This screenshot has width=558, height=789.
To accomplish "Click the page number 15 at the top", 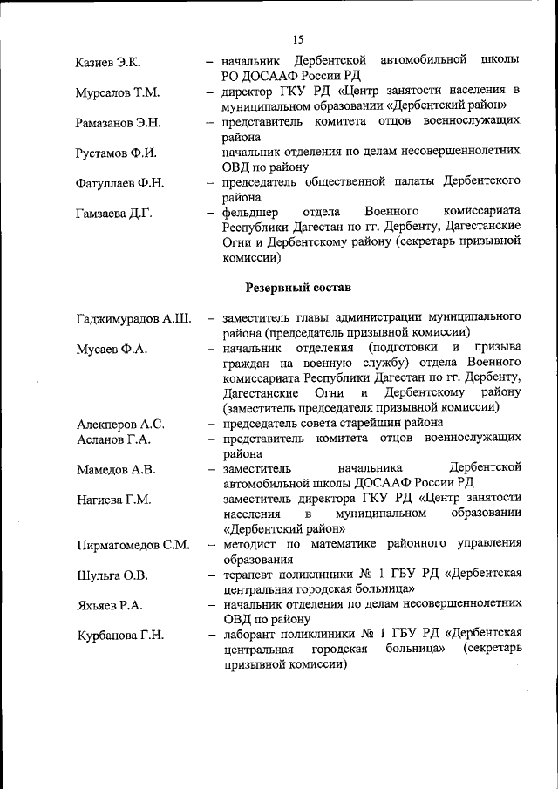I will pyautogui.click(x=297, y=39).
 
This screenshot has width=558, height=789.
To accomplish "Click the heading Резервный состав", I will pyautogui.click(x=299, y=286).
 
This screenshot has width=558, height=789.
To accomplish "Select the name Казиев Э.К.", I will pyautogui.click(x=108, y=62).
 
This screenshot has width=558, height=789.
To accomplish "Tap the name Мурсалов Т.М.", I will pyautogui.click(x=118, y=92).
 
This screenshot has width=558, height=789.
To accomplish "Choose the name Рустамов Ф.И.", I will pyautogui.click(x=116, y=153).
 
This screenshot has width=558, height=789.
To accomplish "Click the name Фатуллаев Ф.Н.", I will pyautogui.click(x=119, y=184).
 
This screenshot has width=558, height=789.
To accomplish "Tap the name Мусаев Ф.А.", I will pyautogui.click(x=112, y=350).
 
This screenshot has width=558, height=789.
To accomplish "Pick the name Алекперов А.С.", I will pyautogui.click(x=119, y=425).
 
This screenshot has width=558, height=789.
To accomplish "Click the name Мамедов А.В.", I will pyautogui.click(x=116, y=470).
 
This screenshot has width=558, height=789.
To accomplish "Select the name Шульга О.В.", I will pyautogui.click(x=112, y=575).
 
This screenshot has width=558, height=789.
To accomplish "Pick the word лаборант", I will pyautogui.click(x=251, y=634).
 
